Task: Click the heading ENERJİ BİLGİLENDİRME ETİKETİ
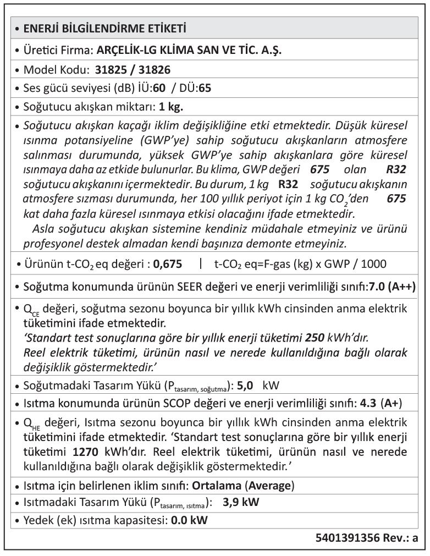[x=104, y=29]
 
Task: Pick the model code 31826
[x=154, y=70]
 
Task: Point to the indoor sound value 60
[x=160, y=87]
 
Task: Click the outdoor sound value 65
[x=205, y=87]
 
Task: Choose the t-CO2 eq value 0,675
[x=168, y=264]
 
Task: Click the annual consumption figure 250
[x=315, y=337]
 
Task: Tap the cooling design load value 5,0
[x=245, y=385]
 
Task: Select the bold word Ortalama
[x=216, y=486]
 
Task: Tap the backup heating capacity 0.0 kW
[x=190, y=520]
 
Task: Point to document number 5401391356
[x=348, y=538]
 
